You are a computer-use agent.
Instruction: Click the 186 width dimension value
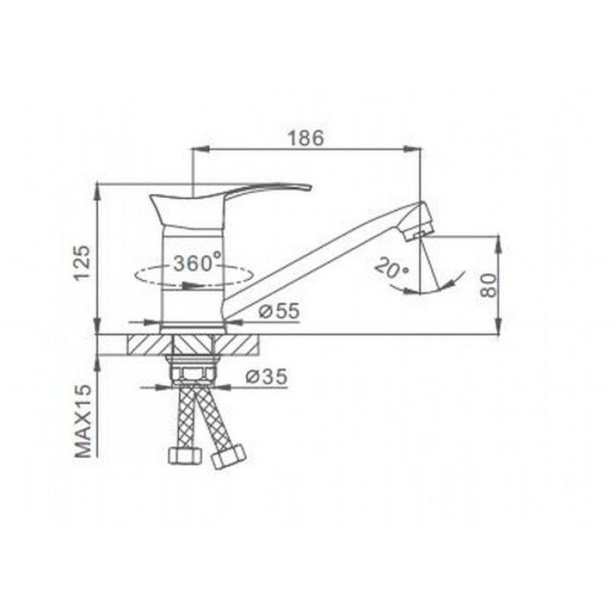pos(306,138)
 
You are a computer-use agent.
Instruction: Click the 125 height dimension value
pos(82,263)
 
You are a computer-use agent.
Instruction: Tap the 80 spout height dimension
pos(489,285)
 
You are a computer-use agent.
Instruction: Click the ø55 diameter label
pos(280,311)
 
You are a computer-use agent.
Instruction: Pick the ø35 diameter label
pos(266,377)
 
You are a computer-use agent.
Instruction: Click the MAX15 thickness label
pos(83,421)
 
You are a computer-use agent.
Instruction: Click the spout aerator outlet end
pos(419,235)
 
